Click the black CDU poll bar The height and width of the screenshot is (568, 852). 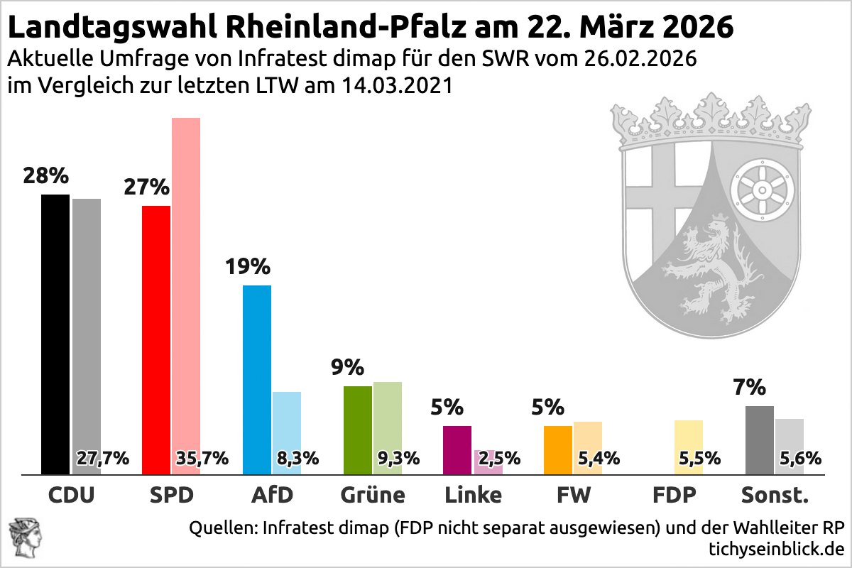click(x=55, y=334)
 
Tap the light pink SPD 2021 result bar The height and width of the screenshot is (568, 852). click(x=186, y=284)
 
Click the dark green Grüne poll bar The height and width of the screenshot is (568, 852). click(x=358, y=430)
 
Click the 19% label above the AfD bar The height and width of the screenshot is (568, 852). click(x=248, y=267)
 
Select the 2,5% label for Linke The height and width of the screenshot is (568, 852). click(x=500, y=458)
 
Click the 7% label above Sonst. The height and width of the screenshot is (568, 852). click(x=750, y=388)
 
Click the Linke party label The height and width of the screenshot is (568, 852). click(x=473, y=494)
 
